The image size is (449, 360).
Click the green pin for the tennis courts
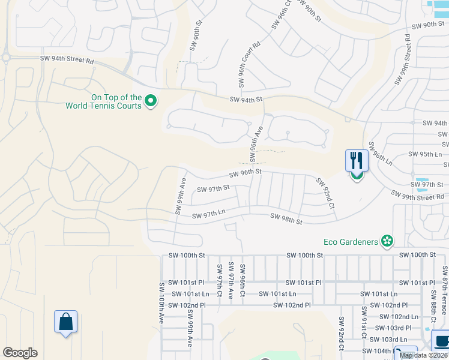151,101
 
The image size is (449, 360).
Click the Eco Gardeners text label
351,242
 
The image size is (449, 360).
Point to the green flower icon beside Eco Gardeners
387,241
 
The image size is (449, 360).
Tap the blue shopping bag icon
65,322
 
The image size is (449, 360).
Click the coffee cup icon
442,341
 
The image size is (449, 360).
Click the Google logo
20,353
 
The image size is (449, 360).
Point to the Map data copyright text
424,355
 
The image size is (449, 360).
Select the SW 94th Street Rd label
67,59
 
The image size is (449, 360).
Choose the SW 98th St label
286,219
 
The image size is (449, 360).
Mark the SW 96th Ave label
256,143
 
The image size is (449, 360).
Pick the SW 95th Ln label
425,154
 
